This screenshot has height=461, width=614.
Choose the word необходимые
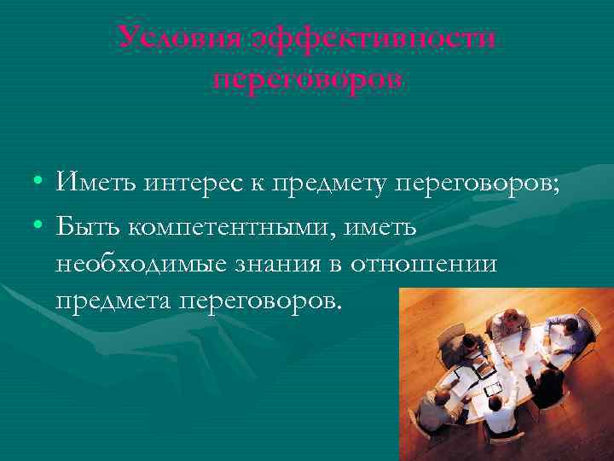(128, 264)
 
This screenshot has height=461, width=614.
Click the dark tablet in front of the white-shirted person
(492, 389)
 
